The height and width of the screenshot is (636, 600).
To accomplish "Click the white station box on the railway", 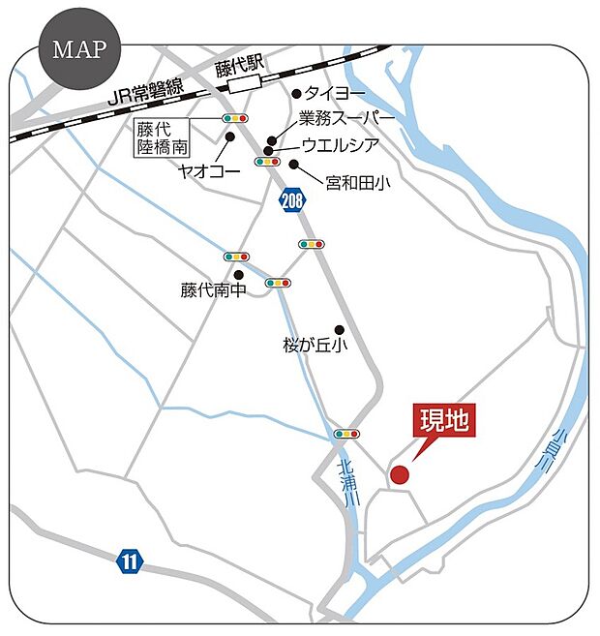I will point(249,85).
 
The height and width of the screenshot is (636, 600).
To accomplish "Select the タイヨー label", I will point(337,94).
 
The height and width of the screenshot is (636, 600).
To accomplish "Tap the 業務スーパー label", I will point(346,118).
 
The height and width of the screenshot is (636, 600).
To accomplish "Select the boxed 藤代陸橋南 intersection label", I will point(161,136).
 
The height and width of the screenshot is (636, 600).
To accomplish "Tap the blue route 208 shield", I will point(291,200).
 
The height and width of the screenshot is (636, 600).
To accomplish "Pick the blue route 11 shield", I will point(130,560).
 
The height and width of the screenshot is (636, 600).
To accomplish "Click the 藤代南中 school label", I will point(213,289).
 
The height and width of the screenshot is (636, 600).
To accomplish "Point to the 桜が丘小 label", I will point(315,345).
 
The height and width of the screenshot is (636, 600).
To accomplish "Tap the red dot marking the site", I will point(399,474).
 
